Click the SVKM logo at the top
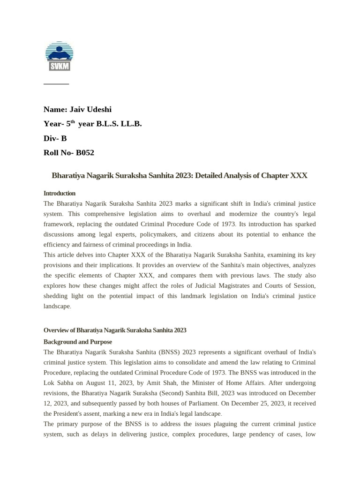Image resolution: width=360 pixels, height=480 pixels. tap(59, 56)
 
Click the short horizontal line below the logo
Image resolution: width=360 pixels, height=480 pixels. tap(56, 84)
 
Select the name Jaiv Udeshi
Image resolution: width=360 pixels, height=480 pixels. tap(90, 109)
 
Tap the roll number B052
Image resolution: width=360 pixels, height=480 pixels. tap(85, 152)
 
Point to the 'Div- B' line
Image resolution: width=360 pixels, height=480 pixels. tap(55, 138)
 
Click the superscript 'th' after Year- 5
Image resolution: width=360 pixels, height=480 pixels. tap(73, 122)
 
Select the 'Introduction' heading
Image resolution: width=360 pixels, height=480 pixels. tap(60, 193)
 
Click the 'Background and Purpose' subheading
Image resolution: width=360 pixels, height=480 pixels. tap(78, 342)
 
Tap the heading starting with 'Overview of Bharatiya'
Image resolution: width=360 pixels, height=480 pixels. tap(115, 330)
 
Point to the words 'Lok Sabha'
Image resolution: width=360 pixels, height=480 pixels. tap(58, 382)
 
